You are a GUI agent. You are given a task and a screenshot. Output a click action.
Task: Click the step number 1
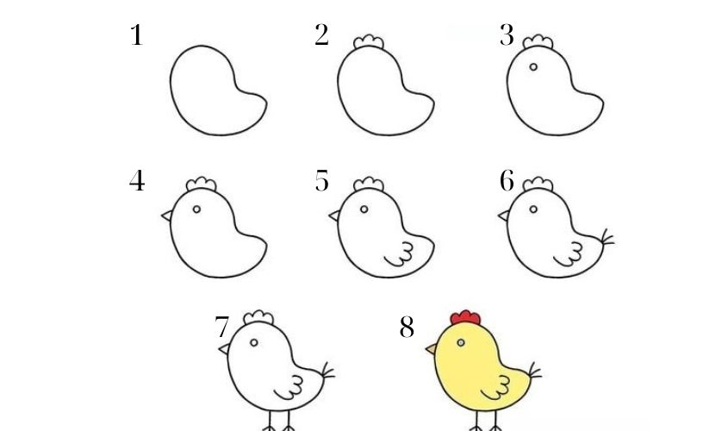(x=135, y=36)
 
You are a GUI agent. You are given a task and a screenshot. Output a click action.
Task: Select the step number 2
(x=321, y=36)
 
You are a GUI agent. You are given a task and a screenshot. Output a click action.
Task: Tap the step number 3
(x=507, y=36)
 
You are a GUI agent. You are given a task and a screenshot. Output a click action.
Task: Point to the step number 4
(x=136, y=183)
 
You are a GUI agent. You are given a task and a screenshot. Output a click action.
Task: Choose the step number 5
(x=321, y=183)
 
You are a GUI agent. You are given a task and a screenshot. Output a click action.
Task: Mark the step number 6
(x=507, y=183)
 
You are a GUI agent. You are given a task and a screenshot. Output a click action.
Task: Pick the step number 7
(x=221, y=328)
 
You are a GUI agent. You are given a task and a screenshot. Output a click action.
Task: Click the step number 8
(x=407, y=328)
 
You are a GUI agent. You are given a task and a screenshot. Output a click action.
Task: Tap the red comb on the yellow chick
(x=466, y=317)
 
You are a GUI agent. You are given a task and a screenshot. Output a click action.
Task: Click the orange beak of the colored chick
(x=432, y=349)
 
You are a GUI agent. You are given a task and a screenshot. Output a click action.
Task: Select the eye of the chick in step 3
(x=533, y=66)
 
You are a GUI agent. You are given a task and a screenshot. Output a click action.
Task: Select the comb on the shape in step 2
(x=369, y=42)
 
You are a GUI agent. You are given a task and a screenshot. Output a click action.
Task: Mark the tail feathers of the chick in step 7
(x=327, y=372)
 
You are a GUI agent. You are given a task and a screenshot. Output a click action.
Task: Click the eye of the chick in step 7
(x=253, y=342)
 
